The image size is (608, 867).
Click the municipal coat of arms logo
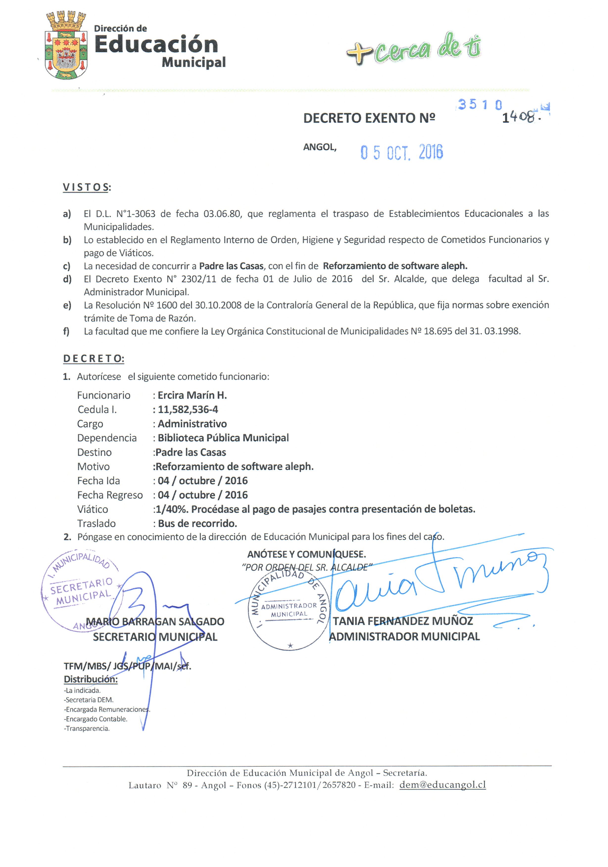pyautogui.click(x=66, y=46)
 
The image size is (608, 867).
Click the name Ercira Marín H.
pyautogui.click(x=192, y=395)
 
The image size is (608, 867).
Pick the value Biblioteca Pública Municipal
pyautogui.click(x=223, y=438)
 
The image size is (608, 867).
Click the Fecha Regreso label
pyautogui.click(x=110, y=495)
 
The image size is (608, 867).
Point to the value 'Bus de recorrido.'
pyautogui.click(x=197, y=523)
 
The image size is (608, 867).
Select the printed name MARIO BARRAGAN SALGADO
pyautogui.click(x=155, y=622)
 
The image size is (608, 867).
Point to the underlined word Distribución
pyautogui.click(x=91, y=679)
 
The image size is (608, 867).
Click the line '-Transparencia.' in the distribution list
pyautogui.click(x=87, y=729)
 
